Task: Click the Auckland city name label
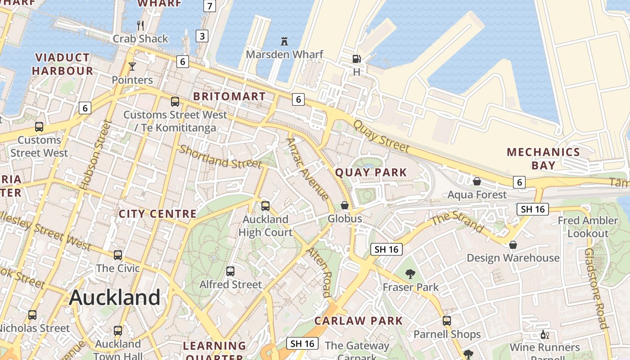(x=115, y=297)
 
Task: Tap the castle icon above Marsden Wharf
(x=284, y=41)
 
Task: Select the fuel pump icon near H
(x=356, y=59)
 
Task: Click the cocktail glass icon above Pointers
(x=132, y=67)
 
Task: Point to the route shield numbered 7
(x=210, y=6)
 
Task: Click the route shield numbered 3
(x=202, y=36)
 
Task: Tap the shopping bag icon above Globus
(x=345, y=205)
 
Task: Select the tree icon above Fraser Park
(x=410, y=274)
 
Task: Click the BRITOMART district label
(x=229, y=96)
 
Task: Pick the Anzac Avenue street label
(x=307, y=168)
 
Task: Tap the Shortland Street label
(x=220, y=157)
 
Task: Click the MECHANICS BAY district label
(x=543, y=158)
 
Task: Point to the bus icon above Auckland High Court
(x=265, y=206)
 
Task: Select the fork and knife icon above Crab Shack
(x=140, y=25)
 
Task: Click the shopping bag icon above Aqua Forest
(x=477, y=181)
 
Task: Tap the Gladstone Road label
(x=596, y=288)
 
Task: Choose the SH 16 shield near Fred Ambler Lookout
(x=532, y=209)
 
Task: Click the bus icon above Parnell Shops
(x=446, y=321)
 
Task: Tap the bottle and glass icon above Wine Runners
(x=544, y=335)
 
